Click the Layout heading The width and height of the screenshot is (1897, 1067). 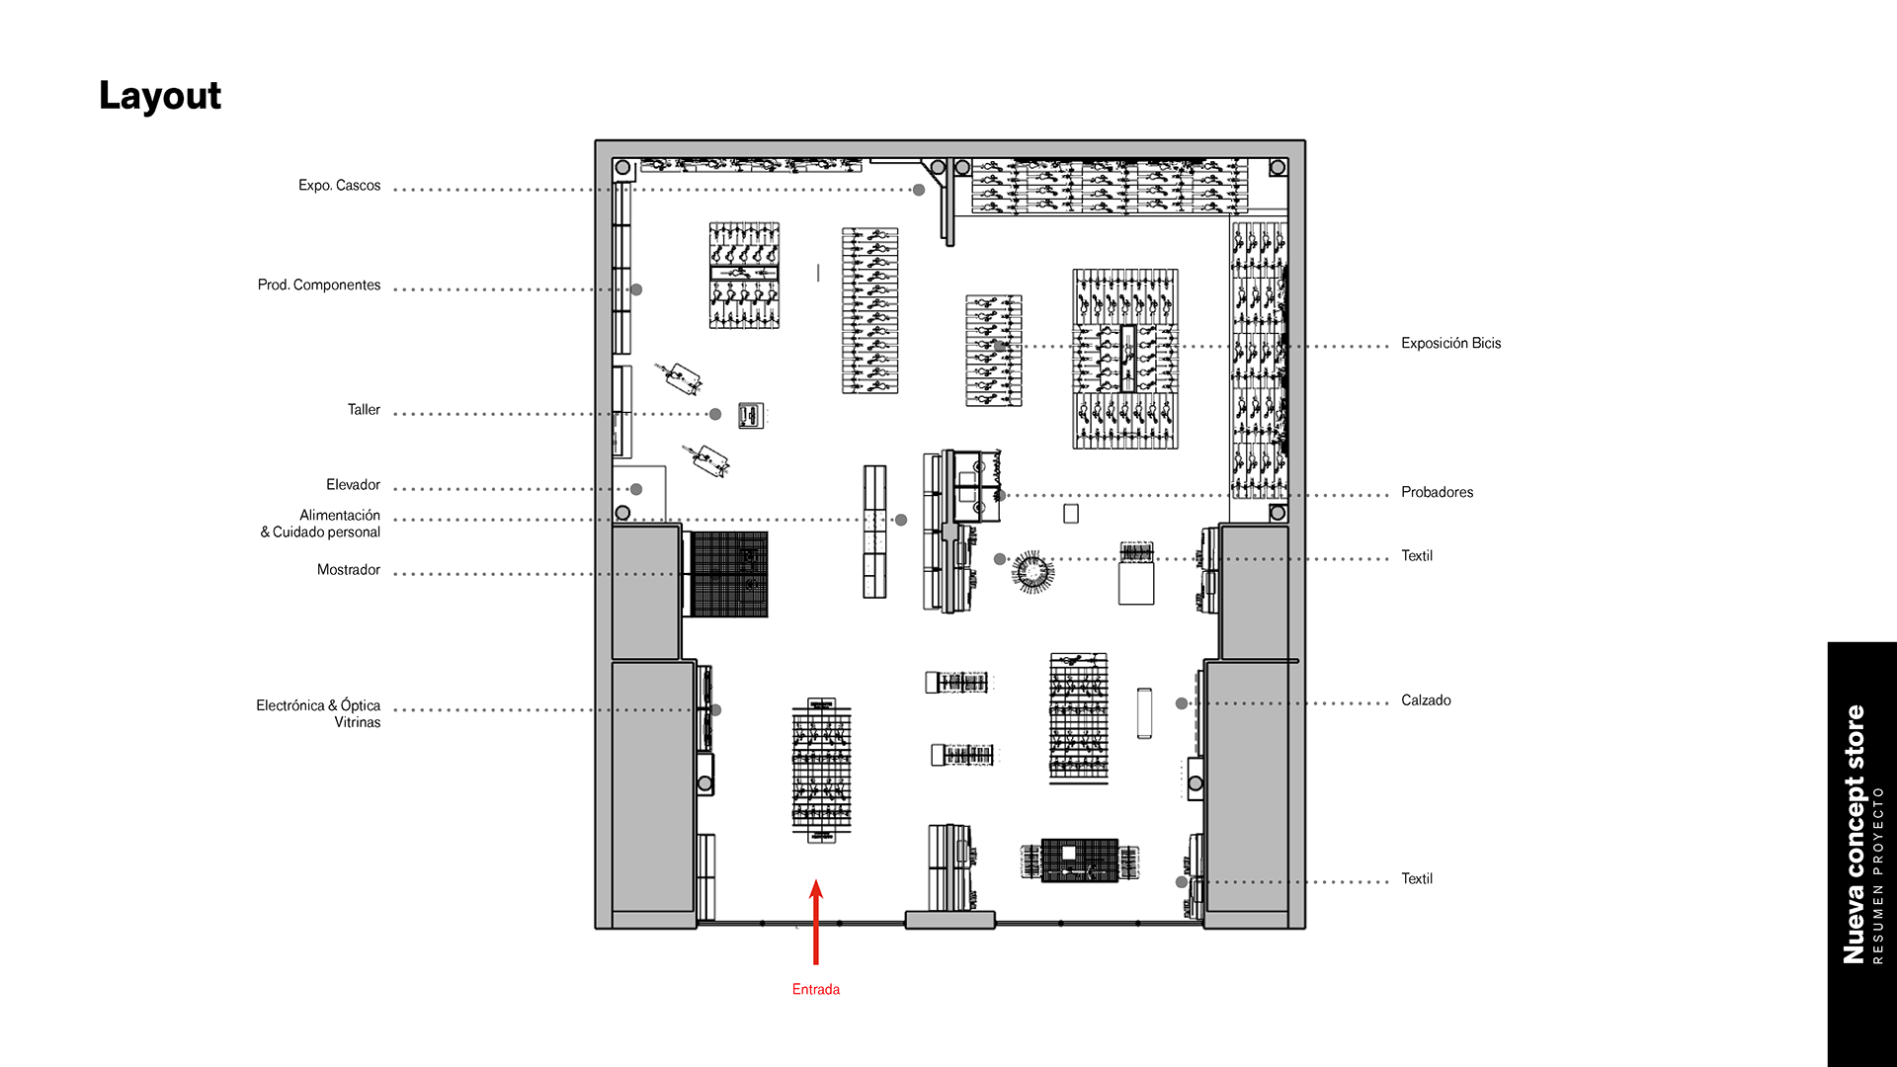click(x=160, y=96)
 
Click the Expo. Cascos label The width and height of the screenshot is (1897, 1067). click(x=339, y=186)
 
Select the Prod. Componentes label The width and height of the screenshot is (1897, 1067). click(x=319, y=285)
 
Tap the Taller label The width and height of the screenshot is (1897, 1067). click(x=364, y=409)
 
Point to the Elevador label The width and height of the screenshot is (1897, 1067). click(x=353, y=484)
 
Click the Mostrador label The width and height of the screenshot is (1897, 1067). click(x=349, y=569)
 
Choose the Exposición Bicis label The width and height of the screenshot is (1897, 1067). click(x=1450, y=343)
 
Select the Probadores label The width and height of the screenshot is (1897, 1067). click(x=1437, y=492)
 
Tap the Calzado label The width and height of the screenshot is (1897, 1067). click(x=1426, y=700)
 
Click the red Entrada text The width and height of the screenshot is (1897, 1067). click(x=816, y=989)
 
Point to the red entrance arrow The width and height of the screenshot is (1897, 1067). click(x=816, y=922)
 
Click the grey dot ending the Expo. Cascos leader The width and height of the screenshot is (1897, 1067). click(x=919, y=190)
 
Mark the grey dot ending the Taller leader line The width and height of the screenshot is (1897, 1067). click(x=715, y=414)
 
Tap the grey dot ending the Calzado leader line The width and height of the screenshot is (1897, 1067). click(x=1182, y=703)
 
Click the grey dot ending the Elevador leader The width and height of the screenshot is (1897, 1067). click(x=636, y=489)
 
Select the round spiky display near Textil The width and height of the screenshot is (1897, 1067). click(x=1032, y=571)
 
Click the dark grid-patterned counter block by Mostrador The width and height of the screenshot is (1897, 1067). click(x=729, y=574)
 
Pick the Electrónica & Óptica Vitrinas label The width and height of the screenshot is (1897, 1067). click(x=318, y=713)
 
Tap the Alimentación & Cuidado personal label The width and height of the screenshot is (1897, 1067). click(x=320, y=524)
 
